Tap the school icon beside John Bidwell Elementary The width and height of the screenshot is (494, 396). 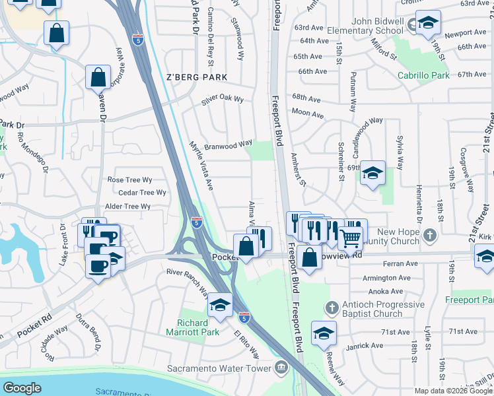pyautogui.click(x=428, y=24)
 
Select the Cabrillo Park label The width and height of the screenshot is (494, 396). pyautogui.click(x=423, y=76)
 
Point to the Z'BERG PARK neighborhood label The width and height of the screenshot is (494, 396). pyautogui.click(x=197, y=77)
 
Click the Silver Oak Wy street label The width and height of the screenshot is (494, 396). pyautogui.click(x=223, y=100)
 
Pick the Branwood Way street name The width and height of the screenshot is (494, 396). pyautogui.click(x=228, y=144)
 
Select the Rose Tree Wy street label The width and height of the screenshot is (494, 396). pyautogui.click(x=129, y=180)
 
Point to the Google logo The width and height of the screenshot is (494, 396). pyautogui.click(x=22, y=388)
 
